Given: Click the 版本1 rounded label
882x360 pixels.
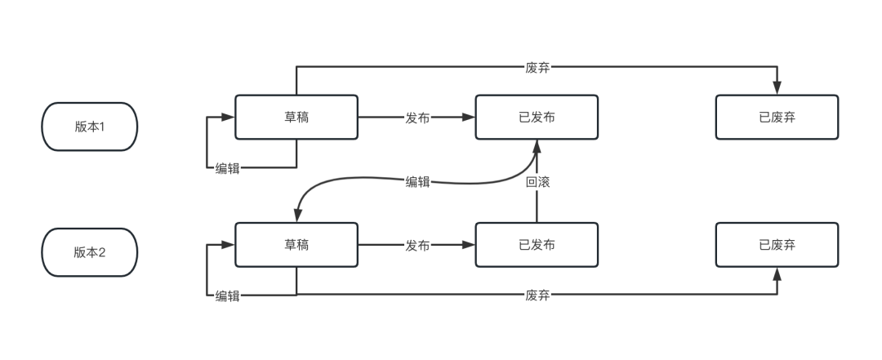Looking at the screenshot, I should pyautogui.click(x=90, y=127).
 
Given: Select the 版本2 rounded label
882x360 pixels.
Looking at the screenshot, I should pyautogui.click(x=90, y=252).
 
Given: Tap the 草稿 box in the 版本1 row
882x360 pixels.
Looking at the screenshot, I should pyautogui.click(x=296, y=117).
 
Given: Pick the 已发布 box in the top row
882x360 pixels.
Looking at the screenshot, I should pyautogui.click(x=537, y=117).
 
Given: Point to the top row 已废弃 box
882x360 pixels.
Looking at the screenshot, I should pyautogui.click(x=777, y=117).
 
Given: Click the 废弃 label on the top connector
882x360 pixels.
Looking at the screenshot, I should pyautogui.click(x=537, y=68).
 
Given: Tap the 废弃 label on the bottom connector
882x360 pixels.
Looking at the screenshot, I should pyautogui.click(x=537, y=295).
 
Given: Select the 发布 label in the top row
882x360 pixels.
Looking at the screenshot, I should pyautogui.click(x=417, y=117).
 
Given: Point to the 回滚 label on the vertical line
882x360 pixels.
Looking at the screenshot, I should pyautogui.click(x=537, y=182).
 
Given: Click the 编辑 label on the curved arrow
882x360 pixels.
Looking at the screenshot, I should pyautogui.click(x=417, y=182).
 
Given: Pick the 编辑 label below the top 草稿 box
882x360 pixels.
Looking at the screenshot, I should pyautogui.click(x=228, y=168).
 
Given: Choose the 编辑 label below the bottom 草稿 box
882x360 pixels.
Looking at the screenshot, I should pyautogui.click(x=228, y=296).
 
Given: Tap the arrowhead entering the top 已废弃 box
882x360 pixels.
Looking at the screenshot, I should pyautogui.click(x=777, y=88).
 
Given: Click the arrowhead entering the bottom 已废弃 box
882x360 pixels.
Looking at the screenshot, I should pyautogui.click(x=777, y=274).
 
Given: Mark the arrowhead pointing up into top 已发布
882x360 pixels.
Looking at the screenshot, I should pyautogui.click(x=537, y=146).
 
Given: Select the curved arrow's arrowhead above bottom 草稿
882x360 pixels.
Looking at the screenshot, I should pyautogui.click(x=296, y=216).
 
